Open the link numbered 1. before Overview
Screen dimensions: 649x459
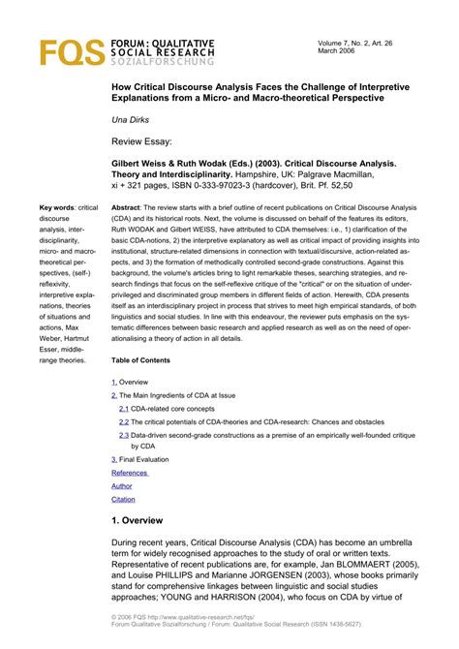click(114, 382)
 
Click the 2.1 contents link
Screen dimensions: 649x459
click(124, 408)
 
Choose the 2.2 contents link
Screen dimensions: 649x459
click(124, 421)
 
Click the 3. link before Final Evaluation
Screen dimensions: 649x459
click(114, 459)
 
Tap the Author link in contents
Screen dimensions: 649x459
click(122, 485)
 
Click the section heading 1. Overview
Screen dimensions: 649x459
click(150, 520)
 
